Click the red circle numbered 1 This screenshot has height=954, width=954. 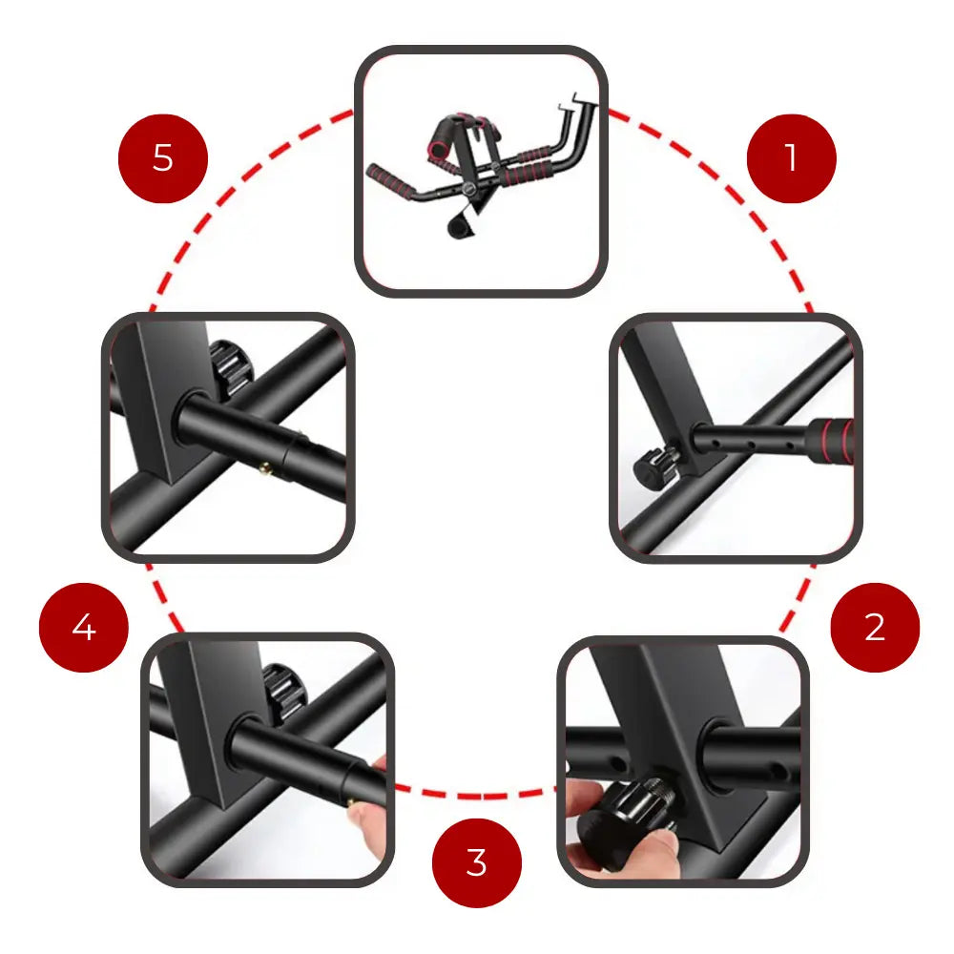click(791, 158)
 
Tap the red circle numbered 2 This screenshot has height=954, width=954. click(875, 628)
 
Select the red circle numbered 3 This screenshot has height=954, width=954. click(477, 862)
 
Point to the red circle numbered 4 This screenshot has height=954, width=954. click(84, 628)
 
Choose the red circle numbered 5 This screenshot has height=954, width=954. click(163, 158)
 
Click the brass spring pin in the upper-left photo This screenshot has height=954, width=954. click(265, 467)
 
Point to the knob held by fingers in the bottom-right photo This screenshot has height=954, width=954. click(627, 816)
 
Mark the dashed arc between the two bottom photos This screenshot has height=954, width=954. click(476, 794)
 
